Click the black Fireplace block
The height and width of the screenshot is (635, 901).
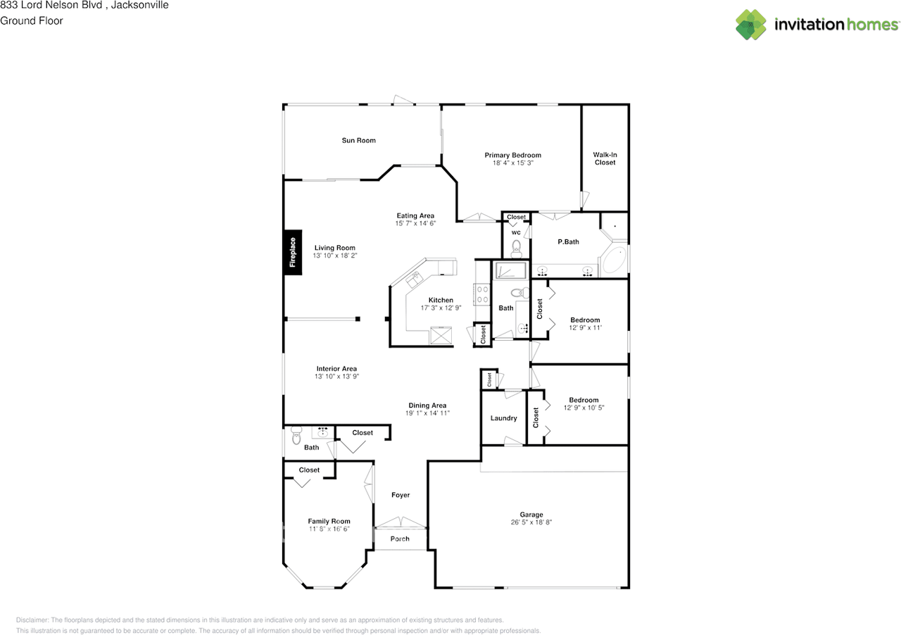(x=293, y=252)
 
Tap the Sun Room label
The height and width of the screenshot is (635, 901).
(x=358, y=140)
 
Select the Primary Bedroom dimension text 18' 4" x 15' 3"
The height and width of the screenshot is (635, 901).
(x=512, y=163)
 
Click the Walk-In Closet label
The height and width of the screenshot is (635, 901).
(x=604, y=158)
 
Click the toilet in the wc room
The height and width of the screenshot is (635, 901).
(x=516, y=247)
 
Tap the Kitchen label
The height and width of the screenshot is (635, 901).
(x=441, y=300)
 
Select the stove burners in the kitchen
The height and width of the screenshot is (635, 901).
(x=483, y=294)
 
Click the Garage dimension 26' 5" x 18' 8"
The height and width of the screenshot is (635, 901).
(x=531, y=523)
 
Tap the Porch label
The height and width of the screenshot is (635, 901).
(x=400, y=539)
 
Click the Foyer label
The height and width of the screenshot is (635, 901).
(x=401, y=495)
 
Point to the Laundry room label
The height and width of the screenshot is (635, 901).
(x=504, y=418)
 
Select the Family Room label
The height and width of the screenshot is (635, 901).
(x=329, y=521)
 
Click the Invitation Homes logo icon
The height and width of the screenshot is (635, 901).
(x=751, y=25)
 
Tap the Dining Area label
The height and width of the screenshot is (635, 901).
(x=427, y=405)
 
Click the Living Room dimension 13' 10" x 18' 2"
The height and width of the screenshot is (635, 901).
(x=335, y=256)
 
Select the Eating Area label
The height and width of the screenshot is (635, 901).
(x=415, y=215)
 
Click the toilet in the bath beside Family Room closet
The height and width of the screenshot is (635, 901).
(x=295, y=439)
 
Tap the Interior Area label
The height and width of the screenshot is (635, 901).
(x=336, y=368)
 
